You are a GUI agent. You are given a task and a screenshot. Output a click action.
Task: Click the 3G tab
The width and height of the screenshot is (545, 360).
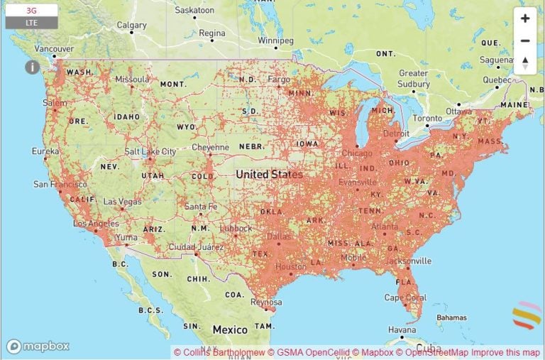[31, 11]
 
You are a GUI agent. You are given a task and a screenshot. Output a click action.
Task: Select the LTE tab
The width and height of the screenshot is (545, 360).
[31, 23]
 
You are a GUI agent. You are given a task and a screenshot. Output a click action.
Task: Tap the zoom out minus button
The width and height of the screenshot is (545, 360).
[525, 40]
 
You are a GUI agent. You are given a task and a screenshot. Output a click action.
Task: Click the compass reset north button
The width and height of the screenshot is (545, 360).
[525, 62]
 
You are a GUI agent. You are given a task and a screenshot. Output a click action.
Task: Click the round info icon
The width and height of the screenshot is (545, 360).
[32, 67]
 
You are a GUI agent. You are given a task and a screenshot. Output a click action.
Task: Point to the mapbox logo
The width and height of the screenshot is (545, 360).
[38, 347]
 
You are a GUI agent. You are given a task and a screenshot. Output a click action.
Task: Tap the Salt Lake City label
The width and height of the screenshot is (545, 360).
[150, 152]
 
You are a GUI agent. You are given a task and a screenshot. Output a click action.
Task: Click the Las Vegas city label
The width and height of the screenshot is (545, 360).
[122, 202]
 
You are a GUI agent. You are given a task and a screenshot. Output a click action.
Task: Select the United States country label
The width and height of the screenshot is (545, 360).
[269, 174]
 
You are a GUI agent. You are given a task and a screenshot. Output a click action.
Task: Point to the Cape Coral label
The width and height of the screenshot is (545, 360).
[405, 298]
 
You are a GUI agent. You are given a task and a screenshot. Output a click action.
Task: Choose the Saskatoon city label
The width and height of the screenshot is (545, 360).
[194, 11]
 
